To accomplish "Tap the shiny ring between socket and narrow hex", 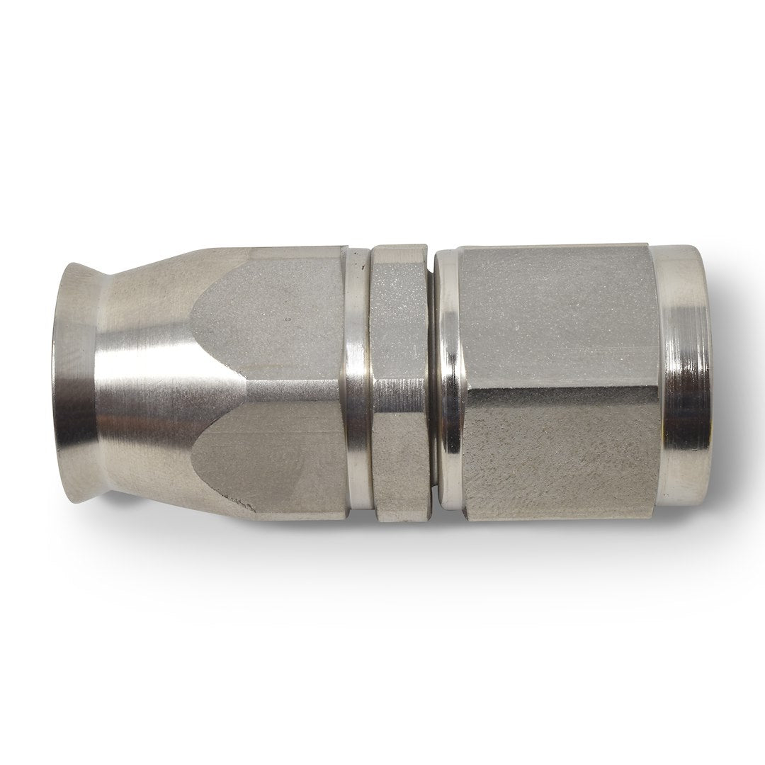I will pos(356,382).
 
